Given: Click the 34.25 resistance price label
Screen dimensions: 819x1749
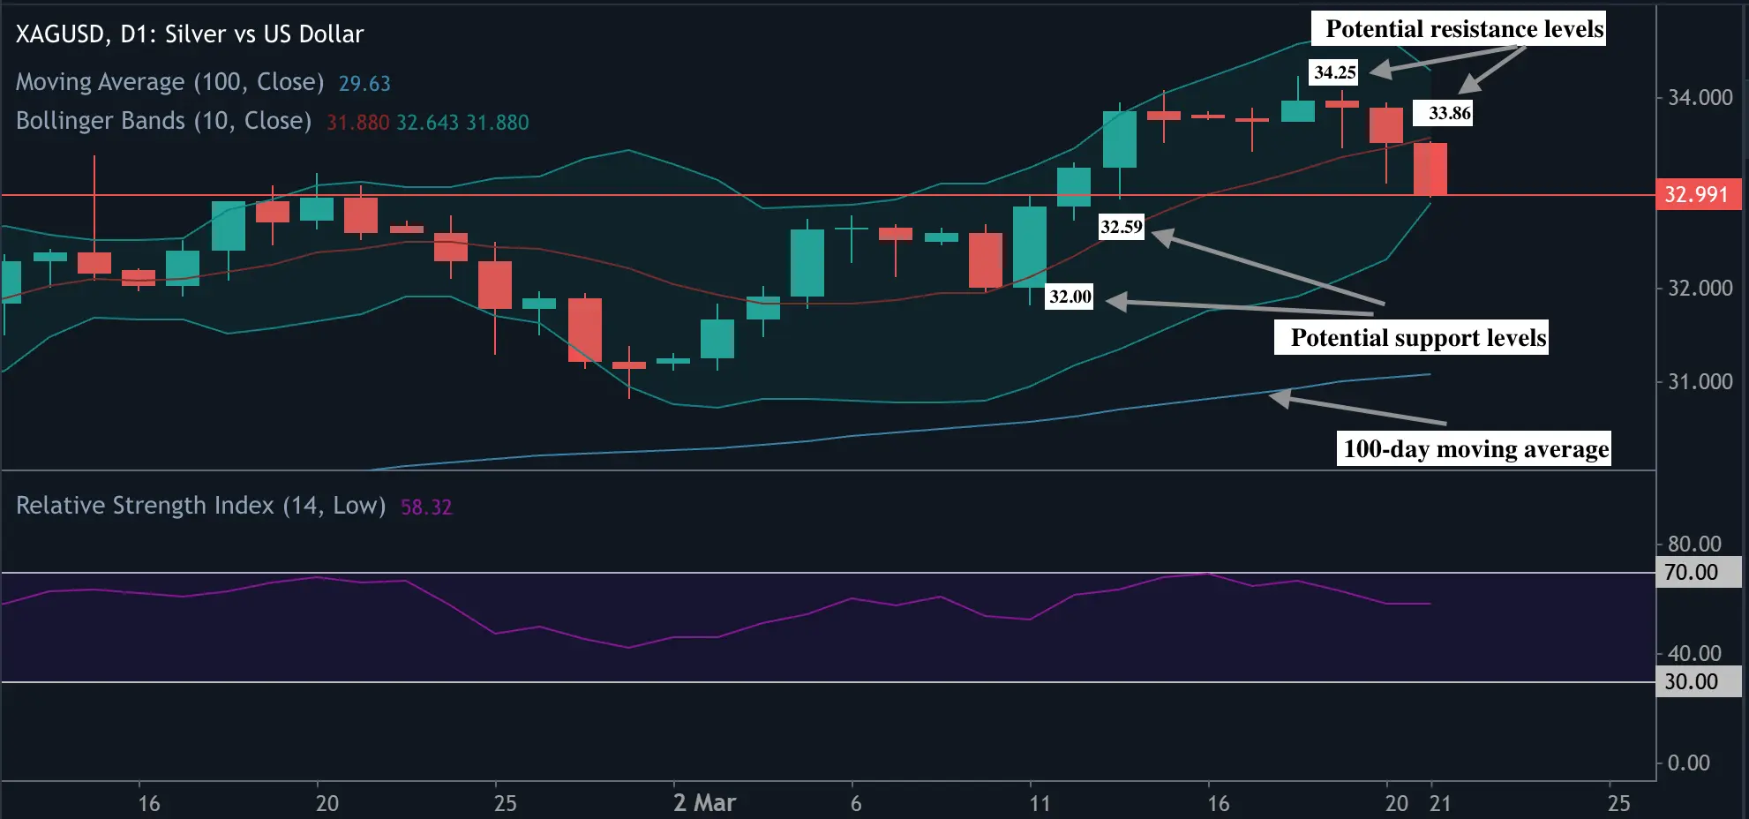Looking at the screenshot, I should pyautogui.click(x=1334, y=72).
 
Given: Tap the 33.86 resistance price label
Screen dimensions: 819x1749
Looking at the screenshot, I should pyautogui.click(x=1449, y=113).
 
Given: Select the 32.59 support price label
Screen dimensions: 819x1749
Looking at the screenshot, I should pyautogui.click(x=1121, y=227).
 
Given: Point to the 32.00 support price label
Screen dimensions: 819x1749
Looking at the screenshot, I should pyautogui.click(x=1070, y=297).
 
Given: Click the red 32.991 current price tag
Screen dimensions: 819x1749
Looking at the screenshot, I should pyautogui.click(x=1697, y=194).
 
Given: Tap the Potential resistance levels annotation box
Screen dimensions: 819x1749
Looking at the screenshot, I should pyautogui.click(x=1464, y=29).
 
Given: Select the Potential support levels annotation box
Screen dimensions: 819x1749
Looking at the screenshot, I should pyautogui.click(x=1417, y=338).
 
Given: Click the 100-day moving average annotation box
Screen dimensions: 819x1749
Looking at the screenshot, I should pyautogui.click(x=1475, y=449).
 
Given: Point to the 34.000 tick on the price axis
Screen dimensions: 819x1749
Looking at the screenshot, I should pyautogui.click(x=1700, y=98).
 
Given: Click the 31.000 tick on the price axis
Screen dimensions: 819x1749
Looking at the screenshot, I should pyautogui.click(x=1700, y=382).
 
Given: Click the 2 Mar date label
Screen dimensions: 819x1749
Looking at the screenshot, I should pyautogui.click(x=704, y=803).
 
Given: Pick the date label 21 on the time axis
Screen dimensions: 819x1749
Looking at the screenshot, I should pyautogui.click(x=1440, y=803).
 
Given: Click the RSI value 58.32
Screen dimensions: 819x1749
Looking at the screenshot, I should pyautogui.click(x=426, y=507).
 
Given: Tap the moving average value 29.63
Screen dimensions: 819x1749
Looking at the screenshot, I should pyautogui.click(x=364, y=84).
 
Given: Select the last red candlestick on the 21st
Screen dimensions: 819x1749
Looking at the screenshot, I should pyautogui.click(x=1430, y=169).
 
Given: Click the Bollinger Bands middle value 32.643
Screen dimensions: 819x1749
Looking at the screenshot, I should pyautogui.click(x=427, y=123).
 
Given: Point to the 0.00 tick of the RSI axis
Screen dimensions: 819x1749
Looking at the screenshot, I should pyautogui.click(x=1688, y=763).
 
